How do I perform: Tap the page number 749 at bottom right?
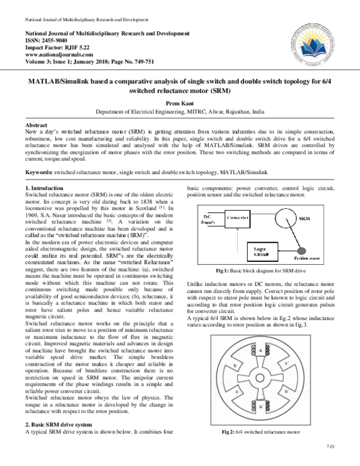click(329, 446)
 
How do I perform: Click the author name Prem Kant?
click(180, 103)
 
